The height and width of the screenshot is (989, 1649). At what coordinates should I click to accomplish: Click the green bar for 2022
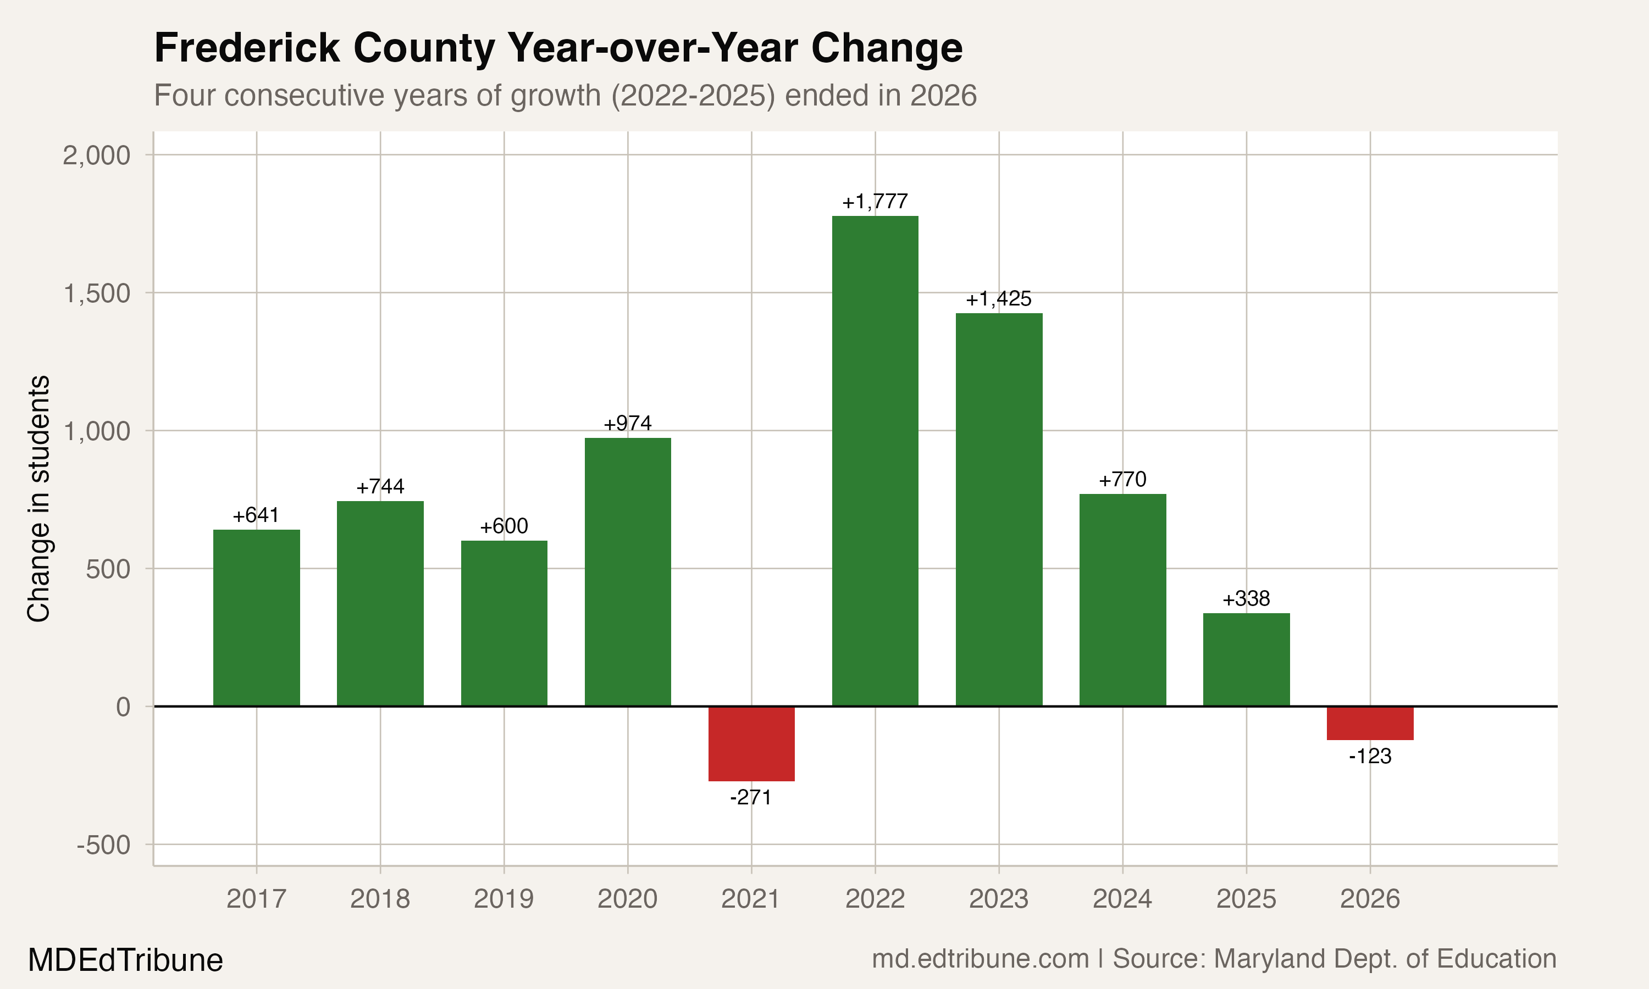875,460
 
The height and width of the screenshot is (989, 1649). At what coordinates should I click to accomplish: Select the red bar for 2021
751,743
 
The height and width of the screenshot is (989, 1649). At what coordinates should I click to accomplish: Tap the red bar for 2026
1370,723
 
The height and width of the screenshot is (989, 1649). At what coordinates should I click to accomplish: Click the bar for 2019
504,623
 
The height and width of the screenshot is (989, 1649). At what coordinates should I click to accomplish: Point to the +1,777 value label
875,201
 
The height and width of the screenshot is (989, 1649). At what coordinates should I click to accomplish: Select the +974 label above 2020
627,423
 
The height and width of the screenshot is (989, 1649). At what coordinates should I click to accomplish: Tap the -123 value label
1370,757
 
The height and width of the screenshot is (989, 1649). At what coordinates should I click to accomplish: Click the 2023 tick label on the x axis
998,899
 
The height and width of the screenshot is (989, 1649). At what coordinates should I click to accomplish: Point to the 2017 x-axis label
256,899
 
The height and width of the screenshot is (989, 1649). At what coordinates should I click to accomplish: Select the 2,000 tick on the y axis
97,155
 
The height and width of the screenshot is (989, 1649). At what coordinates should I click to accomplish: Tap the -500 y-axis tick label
103,845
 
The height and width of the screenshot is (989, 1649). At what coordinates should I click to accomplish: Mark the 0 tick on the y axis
123,707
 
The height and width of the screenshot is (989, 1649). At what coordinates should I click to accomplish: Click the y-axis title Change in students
38,498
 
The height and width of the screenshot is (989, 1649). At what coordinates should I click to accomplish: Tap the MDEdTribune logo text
125,960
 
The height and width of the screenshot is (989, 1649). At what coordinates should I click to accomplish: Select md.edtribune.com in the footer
980,959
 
